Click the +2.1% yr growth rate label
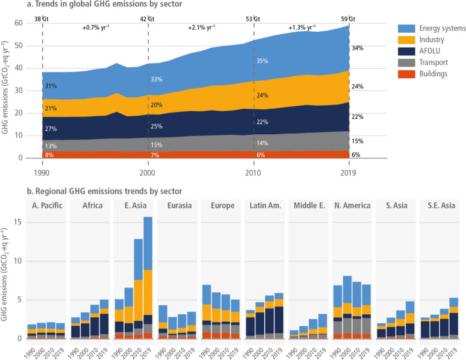coord(201,27)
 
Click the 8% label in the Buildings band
coord(50,155)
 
